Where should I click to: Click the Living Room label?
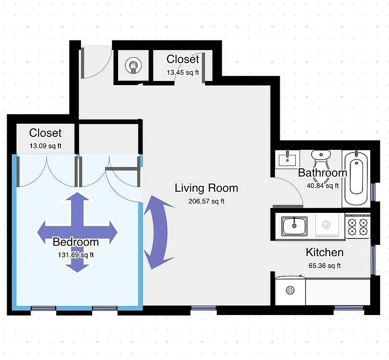pos(206,188)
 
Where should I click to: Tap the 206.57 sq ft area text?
pos(206,201)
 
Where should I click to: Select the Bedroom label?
pos(76,242)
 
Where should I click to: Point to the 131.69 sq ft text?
pos(76,255)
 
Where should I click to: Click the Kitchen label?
pos(325,252)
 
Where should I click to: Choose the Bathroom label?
pos(322,173)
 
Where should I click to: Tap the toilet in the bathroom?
pos(321,157)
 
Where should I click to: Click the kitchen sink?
pos(295,225)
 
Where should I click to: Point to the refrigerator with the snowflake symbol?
pos(291,290)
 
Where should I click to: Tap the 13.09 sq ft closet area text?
pos(45,145)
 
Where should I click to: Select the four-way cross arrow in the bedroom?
pos(78,232)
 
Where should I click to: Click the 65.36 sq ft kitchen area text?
pos(325,265)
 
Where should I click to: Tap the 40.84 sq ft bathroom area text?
pos(322,185)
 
